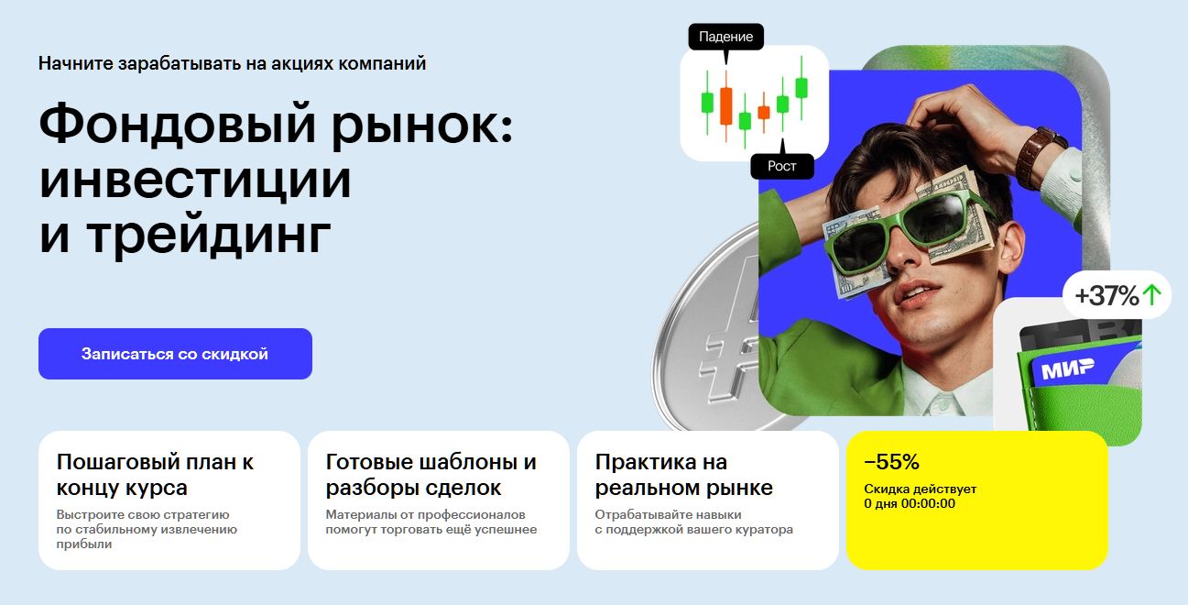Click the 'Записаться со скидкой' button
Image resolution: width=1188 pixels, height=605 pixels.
[x=175, y=354]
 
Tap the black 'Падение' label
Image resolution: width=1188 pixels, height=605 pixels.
[x=725, y=37]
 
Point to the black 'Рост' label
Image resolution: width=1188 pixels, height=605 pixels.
[x=782, y=166]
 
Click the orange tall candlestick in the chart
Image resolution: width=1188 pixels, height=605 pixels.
[x=725, y=105]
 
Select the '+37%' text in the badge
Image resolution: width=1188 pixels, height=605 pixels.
[x=1106, y=295]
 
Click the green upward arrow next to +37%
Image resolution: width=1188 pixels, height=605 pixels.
[x=1151, y=295]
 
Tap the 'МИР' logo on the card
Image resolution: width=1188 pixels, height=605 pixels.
[x=1067, y=368]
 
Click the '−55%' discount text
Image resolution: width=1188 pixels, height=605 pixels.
[x=891, y=462]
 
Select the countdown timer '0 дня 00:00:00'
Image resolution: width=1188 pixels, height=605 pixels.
[x=910, y=503]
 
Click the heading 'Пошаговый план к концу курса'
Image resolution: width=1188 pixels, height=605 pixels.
[x=155, y=475]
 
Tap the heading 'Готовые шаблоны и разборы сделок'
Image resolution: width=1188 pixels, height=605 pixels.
[x=431, y=475]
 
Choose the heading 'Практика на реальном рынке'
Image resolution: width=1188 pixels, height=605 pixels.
[x=683, y=475]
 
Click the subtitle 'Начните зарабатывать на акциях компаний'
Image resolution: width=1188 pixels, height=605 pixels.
[x=232, y=64]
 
